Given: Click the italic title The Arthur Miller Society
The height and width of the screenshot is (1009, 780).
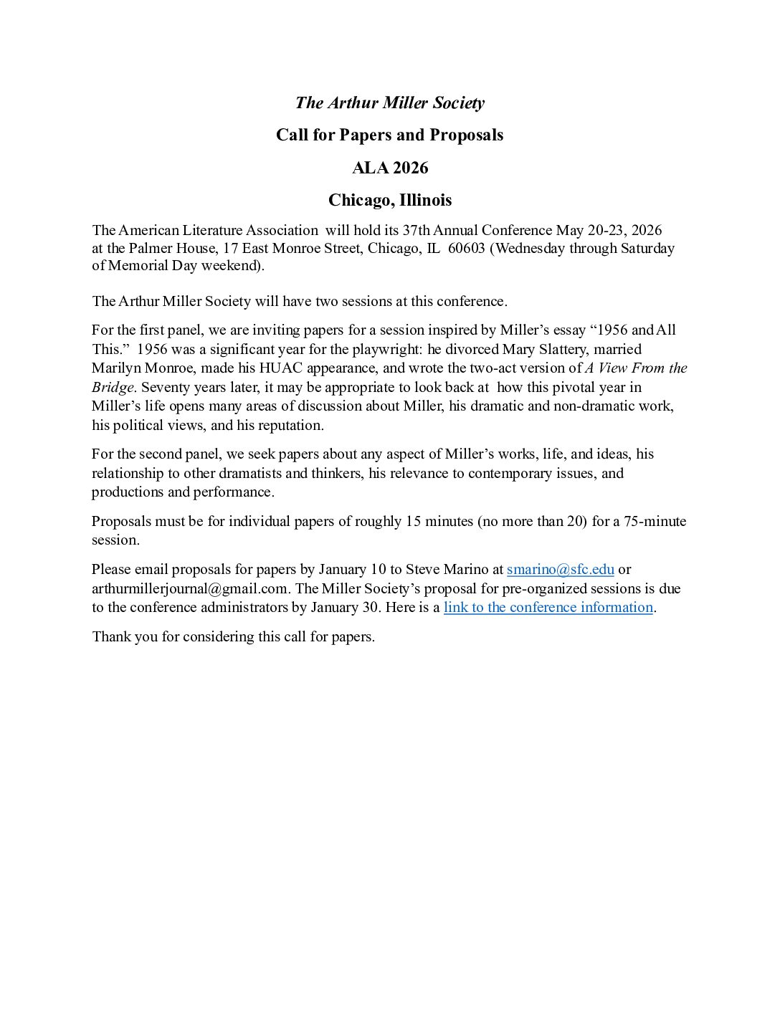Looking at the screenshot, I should (389, 102).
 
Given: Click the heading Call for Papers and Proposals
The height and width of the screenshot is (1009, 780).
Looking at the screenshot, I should (389, 135).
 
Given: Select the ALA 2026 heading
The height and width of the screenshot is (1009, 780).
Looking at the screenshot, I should (389, 168).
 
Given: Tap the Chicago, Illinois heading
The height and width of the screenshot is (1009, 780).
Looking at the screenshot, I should (389, 200).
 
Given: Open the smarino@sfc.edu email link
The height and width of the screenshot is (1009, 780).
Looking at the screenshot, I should (560, 569).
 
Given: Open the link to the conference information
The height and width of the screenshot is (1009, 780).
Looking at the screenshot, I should (548, 607).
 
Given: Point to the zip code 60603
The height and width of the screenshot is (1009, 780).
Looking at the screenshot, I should (466, 248).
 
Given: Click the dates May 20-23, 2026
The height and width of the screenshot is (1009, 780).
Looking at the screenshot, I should (609, 230).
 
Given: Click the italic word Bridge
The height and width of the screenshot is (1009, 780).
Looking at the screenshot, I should (113, 387).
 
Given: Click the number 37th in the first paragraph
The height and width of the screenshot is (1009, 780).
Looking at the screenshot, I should (415, 230).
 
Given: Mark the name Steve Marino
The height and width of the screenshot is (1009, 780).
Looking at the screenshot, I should (447, 569).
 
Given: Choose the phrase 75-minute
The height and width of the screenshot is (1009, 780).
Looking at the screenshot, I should (655, 521).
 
